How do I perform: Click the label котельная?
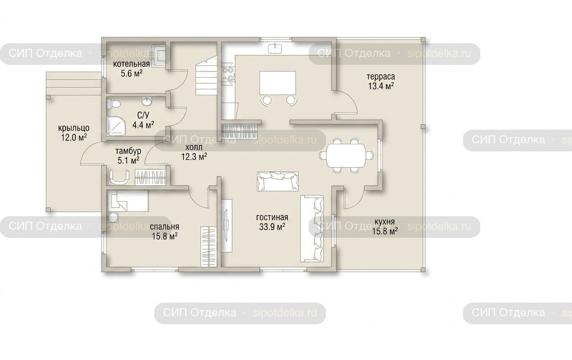(131, 64)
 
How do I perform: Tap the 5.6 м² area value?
(131, 74)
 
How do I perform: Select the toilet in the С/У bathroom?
(114, 104)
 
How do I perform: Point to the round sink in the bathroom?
(146, 101)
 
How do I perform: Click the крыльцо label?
(74, 128)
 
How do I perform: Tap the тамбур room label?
(128, 151)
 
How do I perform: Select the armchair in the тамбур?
(120, 176)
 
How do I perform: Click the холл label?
(194, 147)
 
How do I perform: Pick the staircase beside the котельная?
(206, 76)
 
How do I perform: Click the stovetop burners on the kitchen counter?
(228, 74)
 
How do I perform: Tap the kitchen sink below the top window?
(275, 48)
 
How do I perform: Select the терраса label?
(381, 76)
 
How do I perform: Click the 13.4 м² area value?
(381, 86)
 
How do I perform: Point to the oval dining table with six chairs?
(346, 155)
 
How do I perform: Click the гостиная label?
(272, 217)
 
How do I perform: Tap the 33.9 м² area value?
(272, 227)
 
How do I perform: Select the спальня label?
(164, 227)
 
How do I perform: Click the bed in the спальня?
(128, 201)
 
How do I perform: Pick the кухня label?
(385, 222)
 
